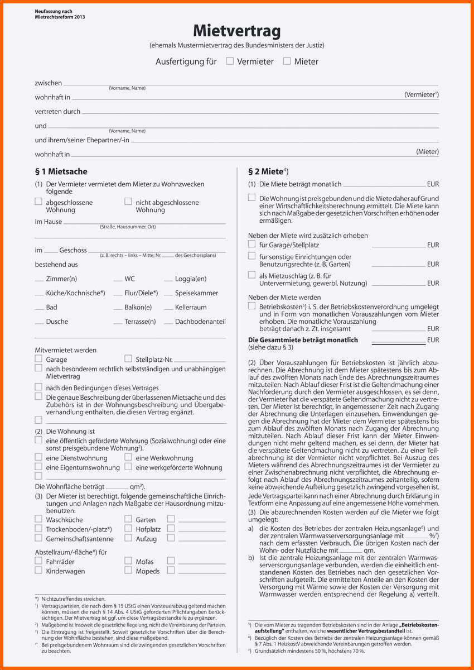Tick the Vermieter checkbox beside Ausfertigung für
click(230, 61)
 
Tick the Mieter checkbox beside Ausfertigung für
click(287, 61)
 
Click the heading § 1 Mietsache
click(61, 171)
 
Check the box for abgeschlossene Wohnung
click(38, 202)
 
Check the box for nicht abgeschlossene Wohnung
click(128, 202)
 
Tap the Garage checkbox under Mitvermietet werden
click(38, 359)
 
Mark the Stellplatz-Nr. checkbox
click(128, 359)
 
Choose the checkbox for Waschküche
click(38, 519)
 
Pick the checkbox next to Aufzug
click(128, 538)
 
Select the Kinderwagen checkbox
click(38, 571)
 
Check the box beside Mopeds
click(128, 571)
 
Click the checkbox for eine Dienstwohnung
click(38, 457)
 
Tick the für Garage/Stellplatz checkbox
click(252, 244)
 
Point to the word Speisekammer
click(196, 293)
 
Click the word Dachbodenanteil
click(200, 322)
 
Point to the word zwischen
click(49, 83)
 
